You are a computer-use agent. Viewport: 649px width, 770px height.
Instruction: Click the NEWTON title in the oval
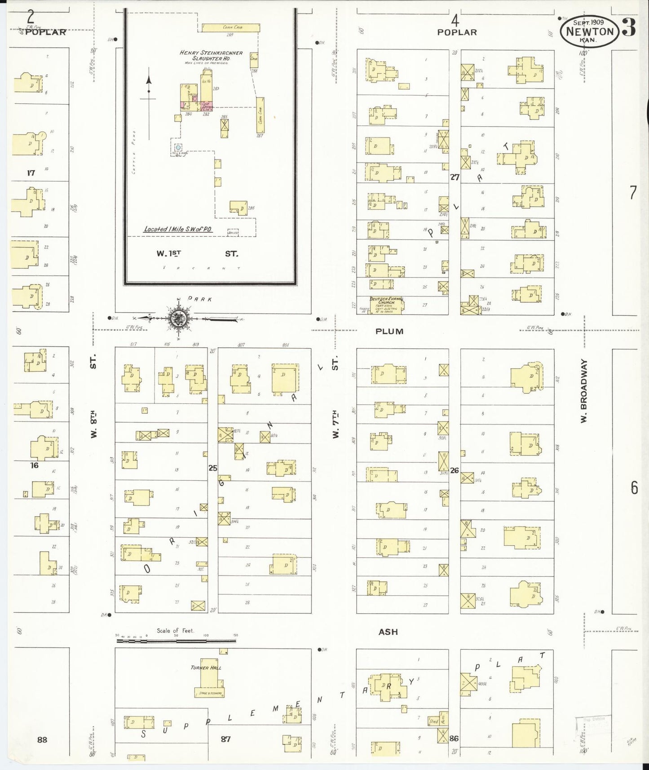click(x=589, y=31)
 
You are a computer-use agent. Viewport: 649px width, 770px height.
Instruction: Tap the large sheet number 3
click(x=629, y=28)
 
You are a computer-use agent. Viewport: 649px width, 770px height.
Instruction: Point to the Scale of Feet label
click(x=175, y=630)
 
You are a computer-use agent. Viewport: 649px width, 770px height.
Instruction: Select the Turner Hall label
click(x=206, y=668)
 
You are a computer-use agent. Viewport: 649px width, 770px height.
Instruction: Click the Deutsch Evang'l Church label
click(x=386, y=301)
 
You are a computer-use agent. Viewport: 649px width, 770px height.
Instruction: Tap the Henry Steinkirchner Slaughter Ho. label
click(x=211, y=55)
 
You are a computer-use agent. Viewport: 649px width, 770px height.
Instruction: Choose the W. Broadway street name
click(x=584, y=390)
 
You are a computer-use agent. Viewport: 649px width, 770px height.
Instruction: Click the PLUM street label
click(x=389, y=332)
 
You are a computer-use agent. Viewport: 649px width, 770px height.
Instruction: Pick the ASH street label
click(x=388, y=632)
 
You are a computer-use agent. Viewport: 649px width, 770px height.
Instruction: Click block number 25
click(x=212, y=468)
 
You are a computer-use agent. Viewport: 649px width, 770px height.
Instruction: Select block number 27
click(x=455, y=177)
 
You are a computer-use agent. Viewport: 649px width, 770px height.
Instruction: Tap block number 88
click(x=42, y=739)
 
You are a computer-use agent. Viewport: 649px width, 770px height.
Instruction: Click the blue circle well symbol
click(x=178, y=147)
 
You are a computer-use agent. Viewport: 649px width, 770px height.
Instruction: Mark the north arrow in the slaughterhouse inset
click(x=149, y=90)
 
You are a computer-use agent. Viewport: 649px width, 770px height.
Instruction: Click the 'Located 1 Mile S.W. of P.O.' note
click(x=178, y=229)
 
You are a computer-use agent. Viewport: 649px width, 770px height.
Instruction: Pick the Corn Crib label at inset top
click(x=230, y=27)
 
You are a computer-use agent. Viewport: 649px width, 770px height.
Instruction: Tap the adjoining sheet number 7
click(x=633, y=193)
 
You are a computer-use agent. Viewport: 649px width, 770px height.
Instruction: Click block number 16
click(x=35, y=465)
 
